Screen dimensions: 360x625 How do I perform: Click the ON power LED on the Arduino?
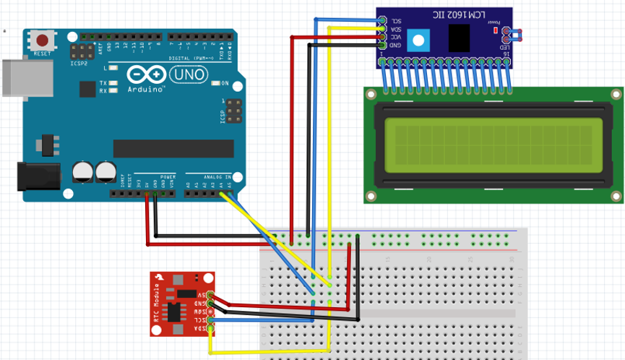[x=215, y=83]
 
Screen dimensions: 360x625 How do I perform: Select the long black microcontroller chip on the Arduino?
[x=173, y=148]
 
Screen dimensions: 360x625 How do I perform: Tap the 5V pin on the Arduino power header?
[x=147, y=194]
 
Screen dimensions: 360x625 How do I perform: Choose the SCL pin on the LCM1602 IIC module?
[x=382, y=21]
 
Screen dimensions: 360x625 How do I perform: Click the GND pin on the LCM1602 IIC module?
[x=382, y=45]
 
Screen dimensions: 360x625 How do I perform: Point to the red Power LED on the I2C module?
[x=495, y=31]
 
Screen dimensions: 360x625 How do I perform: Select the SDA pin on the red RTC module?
[x=210, y=329]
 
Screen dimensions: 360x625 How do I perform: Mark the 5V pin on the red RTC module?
[x=210, y=295]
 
